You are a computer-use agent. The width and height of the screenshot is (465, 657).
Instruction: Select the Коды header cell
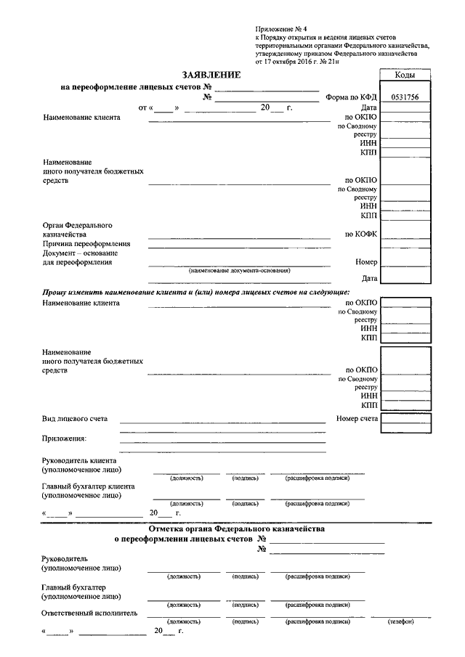pyautogui.click(x=405, y=76)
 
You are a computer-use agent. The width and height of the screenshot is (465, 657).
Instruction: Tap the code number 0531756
pyautogui.click(x=405, y=97)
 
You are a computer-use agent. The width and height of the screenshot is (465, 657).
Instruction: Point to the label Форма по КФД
pyautogui.click(x=352, y=97)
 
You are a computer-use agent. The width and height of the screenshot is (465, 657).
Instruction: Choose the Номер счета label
pyautogui.click(x=357, y=419)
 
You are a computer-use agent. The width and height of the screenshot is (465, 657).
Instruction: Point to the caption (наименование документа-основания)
pyautogui.click(x=239, y=270)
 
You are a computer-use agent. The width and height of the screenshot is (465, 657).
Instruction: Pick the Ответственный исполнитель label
pyautogui.click(x=90, y=613)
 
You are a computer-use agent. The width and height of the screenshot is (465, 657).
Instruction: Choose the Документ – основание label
pyautogui.click(x=80, y=253)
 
